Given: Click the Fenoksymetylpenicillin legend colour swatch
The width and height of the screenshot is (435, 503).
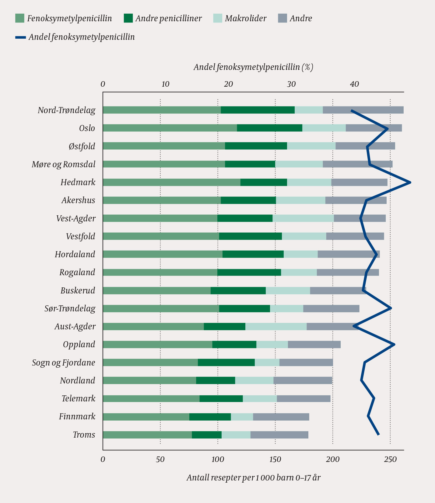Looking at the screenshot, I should pyautogui.click(x=19, y=18).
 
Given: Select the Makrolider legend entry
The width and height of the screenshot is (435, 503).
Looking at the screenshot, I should pyautogui.click(x=245, y=18).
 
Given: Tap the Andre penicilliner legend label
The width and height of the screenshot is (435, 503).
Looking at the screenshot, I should pyautogui.click(x=168, y=18).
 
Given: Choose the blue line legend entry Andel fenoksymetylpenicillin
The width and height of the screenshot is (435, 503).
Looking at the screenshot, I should pyautogui.click(x=81, y=37).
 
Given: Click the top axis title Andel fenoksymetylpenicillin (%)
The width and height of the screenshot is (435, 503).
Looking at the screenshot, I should pyautogui.click(x=253, y=67).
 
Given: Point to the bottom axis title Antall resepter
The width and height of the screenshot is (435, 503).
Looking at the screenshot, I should pyautogui.click(x=253, y=477).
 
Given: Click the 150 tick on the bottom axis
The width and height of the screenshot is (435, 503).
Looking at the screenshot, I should pyautogui.click(x=275, y=459).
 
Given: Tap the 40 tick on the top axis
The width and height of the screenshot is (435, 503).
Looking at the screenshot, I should pyautogui.click(x=354, y=84).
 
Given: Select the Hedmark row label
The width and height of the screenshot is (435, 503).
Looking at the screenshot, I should pyautogui.click(x=78, y=182).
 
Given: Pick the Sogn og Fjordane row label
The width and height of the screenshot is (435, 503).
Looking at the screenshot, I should pyautogui.click(x=64, y=363).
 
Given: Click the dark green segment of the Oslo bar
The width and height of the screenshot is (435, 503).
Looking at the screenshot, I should pyautogui.click(x=269, y=128).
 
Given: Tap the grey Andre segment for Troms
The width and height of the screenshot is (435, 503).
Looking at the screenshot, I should pyautogui.click(x=279, y=435).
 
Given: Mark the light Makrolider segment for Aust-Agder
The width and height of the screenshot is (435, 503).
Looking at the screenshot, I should pyautogui.click(x=276, y=327).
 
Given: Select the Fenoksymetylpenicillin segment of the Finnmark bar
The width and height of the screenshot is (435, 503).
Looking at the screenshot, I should pyautogui.click(x=146, y=417).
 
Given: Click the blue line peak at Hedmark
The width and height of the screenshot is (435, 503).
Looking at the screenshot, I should pyautogui.click(x=410, y=182).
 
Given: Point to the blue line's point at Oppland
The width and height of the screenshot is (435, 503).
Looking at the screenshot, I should pyautogui.click(x=394, y=345).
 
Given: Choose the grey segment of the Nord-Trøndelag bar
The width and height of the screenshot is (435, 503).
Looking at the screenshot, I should pyautogui.click(x=363, y=110).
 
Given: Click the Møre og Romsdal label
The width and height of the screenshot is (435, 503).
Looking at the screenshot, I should pyautogui.click(x=64, y=164).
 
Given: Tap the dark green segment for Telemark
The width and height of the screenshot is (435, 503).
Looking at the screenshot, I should pyautogui.click(x=221, y=399).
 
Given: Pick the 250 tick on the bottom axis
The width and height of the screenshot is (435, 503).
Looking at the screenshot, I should pyautogui.click(x=390, y=459).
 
